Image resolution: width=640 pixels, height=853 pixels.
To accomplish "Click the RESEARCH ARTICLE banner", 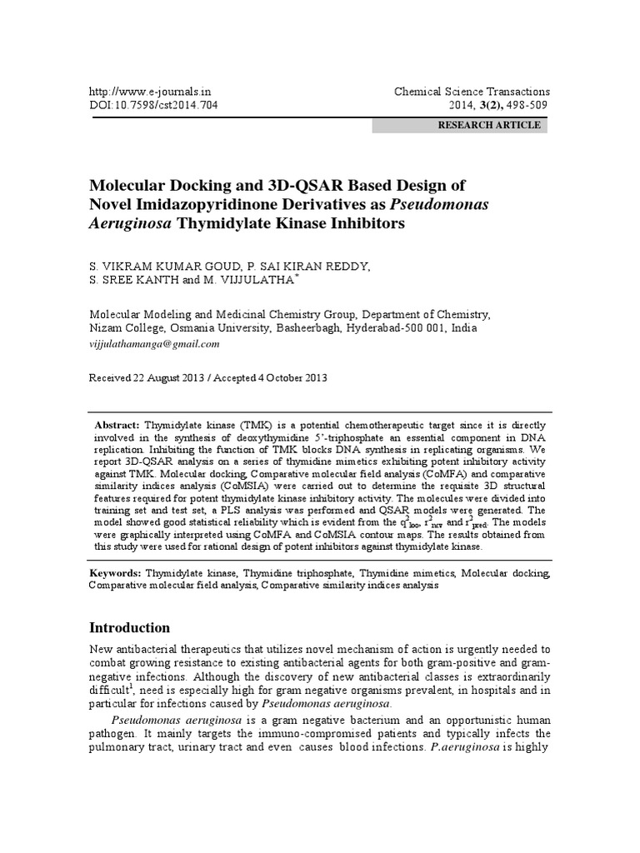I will click(x=489, y=126).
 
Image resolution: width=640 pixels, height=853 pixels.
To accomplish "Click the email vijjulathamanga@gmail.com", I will click(x=154, y=343).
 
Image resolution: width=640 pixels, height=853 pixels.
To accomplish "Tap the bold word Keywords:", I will click(x=116, y=574).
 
